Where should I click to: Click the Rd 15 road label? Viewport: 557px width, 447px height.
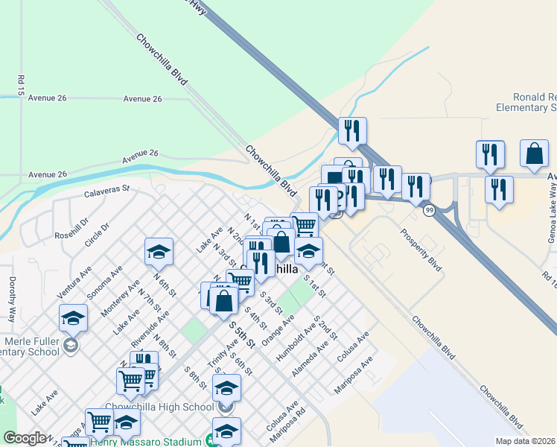point(19,85)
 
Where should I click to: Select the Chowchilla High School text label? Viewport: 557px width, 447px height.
point(160,407)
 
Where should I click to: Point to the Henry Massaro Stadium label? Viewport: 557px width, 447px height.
point(145,441)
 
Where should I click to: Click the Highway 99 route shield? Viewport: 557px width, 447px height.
point(430,212)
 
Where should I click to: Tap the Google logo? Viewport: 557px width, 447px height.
point(25,438)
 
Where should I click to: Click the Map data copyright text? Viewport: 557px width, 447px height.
point(526,441)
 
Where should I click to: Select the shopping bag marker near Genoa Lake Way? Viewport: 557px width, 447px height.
point(535,153)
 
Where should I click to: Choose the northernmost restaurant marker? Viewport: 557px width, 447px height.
point(352,130)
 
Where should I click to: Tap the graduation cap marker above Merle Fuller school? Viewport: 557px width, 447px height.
point(74,318)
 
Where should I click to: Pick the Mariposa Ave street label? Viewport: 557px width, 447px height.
point(353,377)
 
